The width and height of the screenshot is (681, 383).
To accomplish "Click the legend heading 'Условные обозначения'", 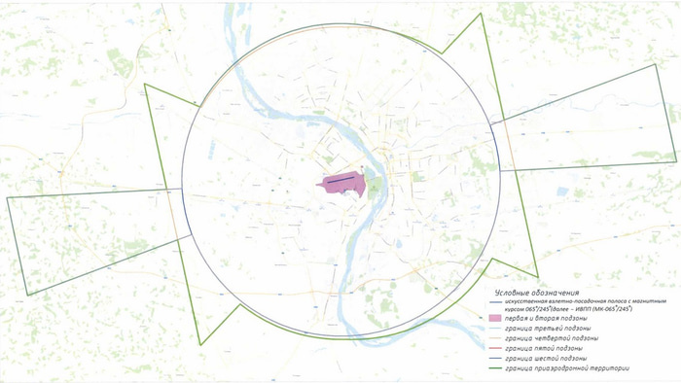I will [x=537, y=293].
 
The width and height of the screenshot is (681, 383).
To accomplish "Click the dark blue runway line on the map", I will [x=342, y=180].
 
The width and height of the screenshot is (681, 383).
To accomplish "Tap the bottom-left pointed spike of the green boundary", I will [x=201, y=344].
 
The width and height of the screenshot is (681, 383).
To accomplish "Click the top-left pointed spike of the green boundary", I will [x=145, y=85].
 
